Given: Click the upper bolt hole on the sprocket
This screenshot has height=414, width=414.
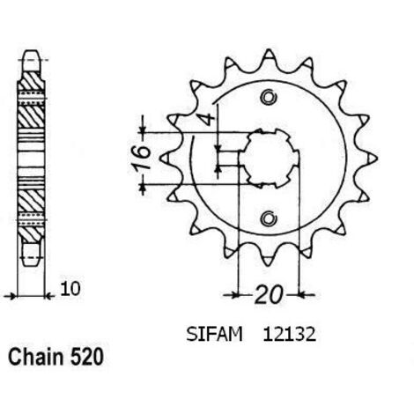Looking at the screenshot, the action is (269, 97).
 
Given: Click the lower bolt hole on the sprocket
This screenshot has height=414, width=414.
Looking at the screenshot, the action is (269, 218).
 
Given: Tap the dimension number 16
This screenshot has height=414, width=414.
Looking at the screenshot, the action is (142, 159).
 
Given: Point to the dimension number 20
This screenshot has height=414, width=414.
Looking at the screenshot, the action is (269, 294).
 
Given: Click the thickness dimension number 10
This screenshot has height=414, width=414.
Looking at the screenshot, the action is (70, 289).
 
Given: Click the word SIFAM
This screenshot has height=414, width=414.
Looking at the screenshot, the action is (214, 334).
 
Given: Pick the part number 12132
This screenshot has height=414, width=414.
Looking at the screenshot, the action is (290, 334).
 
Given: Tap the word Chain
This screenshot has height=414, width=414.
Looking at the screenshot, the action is (36, 358).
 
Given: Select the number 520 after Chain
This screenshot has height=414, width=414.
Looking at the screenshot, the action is (86, 358).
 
